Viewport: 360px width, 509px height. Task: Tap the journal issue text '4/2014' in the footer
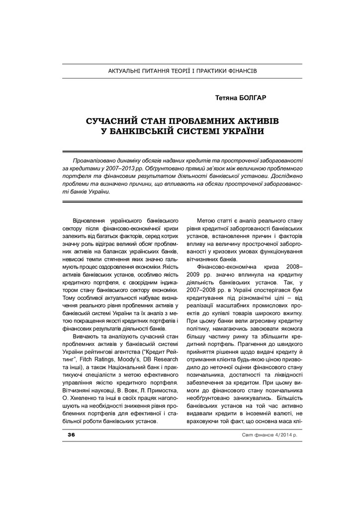point(276,435)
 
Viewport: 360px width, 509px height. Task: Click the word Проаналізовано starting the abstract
point(94,161)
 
